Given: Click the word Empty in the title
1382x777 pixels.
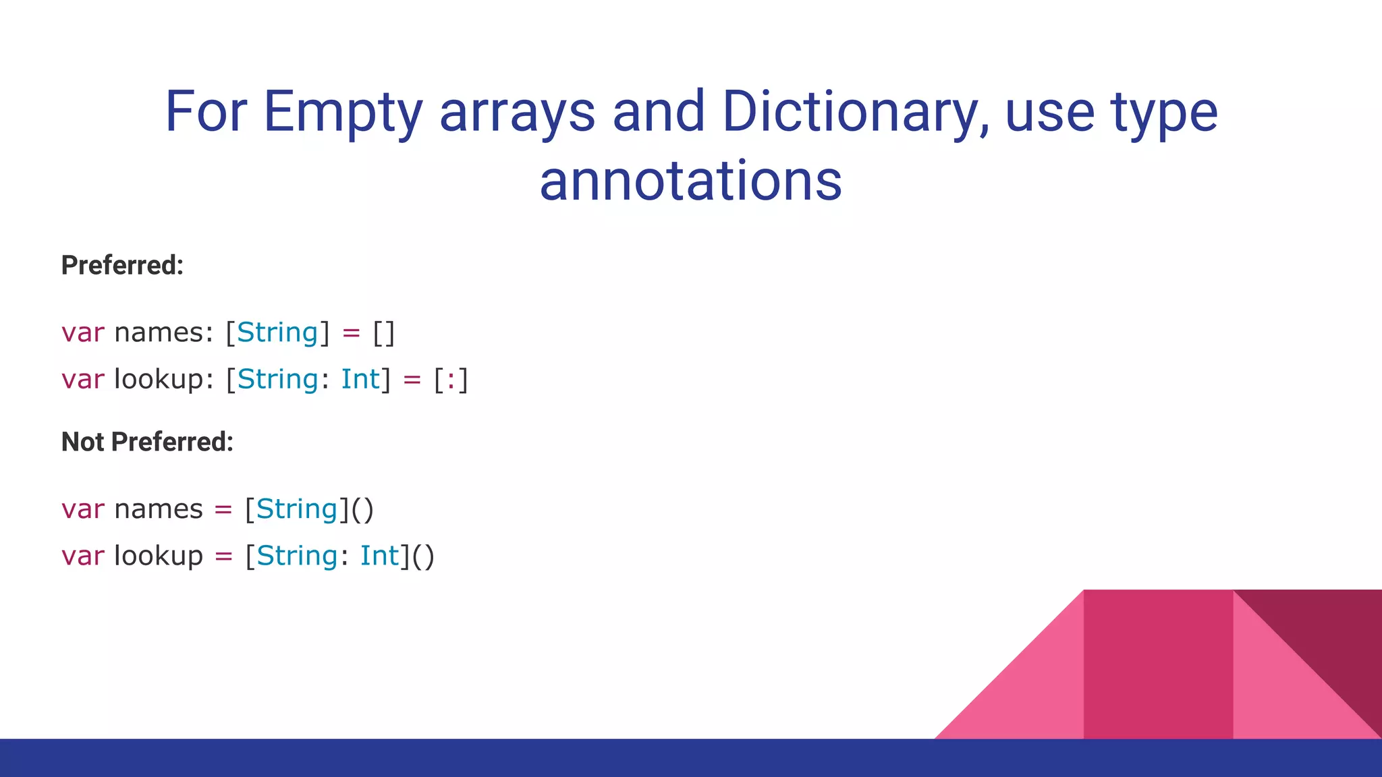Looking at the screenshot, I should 343,112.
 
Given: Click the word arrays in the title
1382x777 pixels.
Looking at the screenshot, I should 518,112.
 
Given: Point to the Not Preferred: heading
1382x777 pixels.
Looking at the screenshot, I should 147,442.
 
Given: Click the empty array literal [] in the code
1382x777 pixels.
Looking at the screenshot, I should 384,333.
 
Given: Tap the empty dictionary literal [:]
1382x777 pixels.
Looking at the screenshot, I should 451,379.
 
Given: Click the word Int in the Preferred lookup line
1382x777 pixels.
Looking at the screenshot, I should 360,379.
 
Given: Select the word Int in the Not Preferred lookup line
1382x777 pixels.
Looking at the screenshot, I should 380,556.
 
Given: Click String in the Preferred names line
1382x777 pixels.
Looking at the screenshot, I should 277,333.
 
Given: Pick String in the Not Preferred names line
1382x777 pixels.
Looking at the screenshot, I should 297,509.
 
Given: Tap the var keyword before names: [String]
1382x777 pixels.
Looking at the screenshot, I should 83,333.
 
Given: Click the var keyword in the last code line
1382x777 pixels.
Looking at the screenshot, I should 83,556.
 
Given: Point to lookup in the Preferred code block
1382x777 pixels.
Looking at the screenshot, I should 159,379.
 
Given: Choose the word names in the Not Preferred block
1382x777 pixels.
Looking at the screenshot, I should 159,509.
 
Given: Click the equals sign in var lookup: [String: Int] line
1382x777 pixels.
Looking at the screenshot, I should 412,380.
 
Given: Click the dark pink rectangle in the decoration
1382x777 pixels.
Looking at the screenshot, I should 1158,664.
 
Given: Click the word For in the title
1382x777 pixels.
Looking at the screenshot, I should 206,112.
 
